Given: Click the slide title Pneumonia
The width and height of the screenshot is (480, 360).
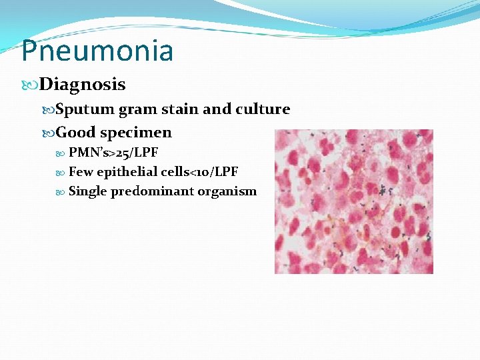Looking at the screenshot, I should tap(97, 51).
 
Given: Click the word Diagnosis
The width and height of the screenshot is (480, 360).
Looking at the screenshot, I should tap(82, 85).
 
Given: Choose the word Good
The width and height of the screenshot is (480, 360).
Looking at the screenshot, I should tap(75, 133).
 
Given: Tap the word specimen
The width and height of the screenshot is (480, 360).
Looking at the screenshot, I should tap(136, 133).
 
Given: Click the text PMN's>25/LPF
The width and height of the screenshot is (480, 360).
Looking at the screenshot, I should tap(113, 153).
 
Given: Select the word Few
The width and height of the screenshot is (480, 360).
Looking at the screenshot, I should tap(81, 172).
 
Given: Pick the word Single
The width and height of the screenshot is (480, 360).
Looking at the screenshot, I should tap(87, 192).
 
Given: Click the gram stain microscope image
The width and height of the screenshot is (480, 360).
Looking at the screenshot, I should tap(354, 201).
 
